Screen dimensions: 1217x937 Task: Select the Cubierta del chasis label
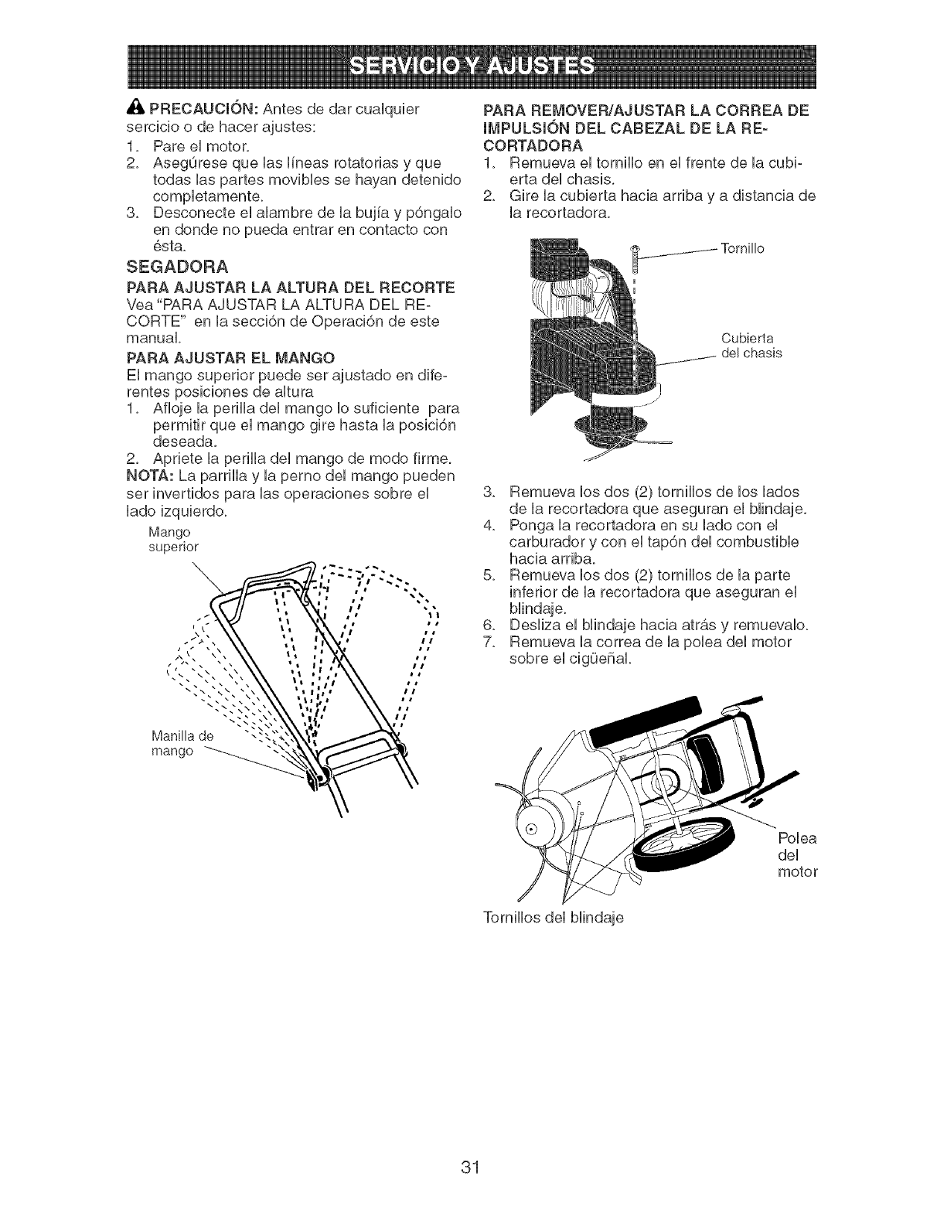(x=751, y=346)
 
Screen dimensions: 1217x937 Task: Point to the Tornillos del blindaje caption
(x=552, y=918)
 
